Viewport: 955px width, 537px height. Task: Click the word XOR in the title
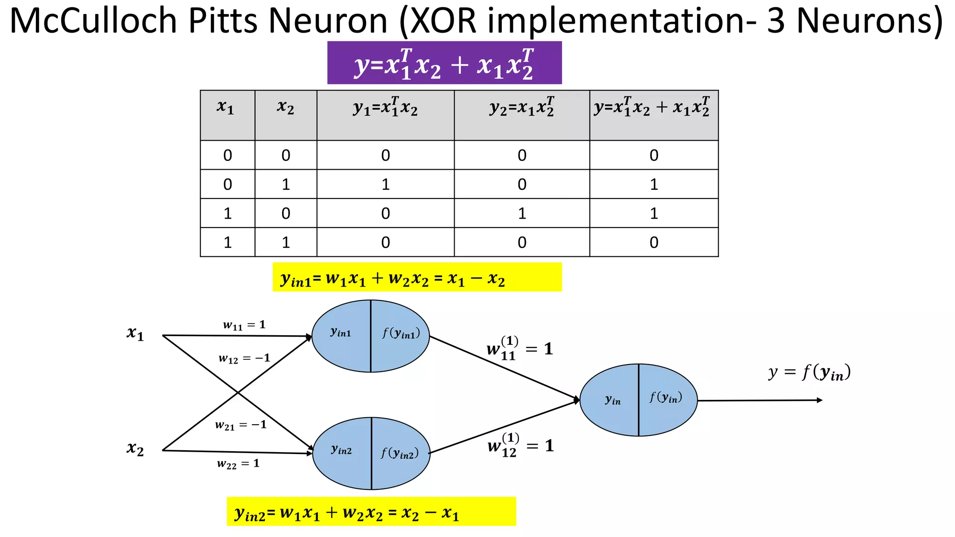point(443,21)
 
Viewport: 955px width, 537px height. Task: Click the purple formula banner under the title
point(444,63)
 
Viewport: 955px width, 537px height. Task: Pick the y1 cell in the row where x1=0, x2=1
point(385,185)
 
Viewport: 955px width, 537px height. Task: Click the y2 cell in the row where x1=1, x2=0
point(521,213)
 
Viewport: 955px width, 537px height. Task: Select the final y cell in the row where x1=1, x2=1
point(654,242)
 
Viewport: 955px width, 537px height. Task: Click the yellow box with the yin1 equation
point(416,278)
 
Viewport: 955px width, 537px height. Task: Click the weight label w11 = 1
point(244,325)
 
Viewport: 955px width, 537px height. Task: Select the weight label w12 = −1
point(244,358)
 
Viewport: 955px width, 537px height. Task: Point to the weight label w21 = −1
point(241,425)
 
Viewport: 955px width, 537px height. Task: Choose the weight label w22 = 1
point(238,464)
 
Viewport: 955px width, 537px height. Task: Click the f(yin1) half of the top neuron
point(401,334)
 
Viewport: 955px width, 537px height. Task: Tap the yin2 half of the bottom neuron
point(342,451)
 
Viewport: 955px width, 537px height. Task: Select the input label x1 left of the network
point(135,334)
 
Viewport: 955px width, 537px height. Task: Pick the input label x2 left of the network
point(135,449)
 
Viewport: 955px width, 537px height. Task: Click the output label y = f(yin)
point(810,373)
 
